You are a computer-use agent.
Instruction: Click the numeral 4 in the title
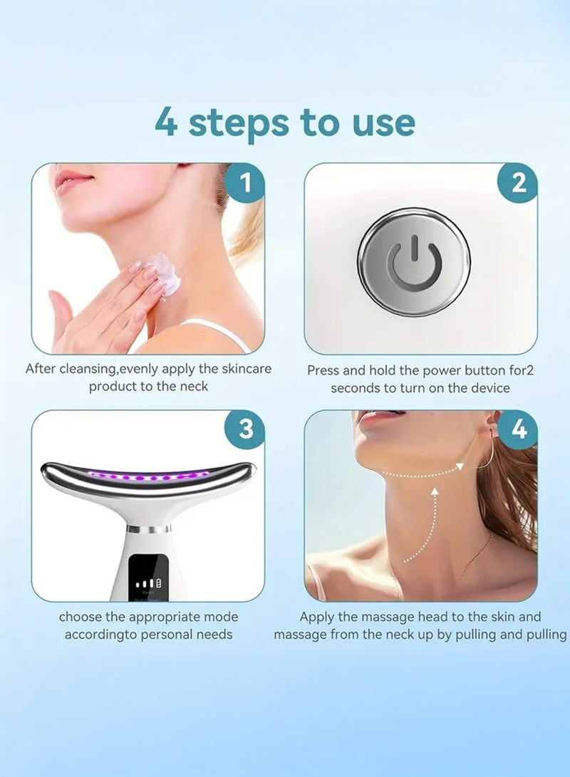click(x=166, y=122)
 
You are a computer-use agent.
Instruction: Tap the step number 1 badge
click(x=245, y=184)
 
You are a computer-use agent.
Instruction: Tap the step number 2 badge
click(x=519, y=184)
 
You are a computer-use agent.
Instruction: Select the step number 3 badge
click(x=245, y=429)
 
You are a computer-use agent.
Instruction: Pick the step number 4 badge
click(x=519, y=429)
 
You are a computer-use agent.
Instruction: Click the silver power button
click(x=414, y=262)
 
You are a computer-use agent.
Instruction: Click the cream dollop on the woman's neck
click(x=165, y=274)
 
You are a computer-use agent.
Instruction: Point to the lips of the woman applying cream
click(x=74, y=179)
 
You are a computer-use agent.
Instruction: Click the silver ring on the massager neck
click(x=148, y=529)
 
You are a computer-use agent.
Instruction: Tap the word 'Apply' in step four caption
click(x=317, y=617)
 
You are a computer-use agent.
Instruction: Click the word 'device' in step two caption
click(x=489, y=388)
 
